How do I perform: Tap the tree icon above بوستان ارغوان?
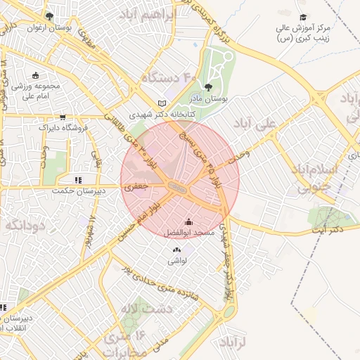(x=49, y=15)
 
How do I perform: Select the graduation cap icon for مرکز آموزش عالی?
(x=303, y=18)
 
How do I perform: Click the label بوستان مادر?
(x=212, y=100)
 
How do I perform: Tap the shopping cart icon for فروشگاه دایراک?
(x=63, y=117)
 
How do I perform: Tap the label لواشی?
(x=176, y=260)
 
